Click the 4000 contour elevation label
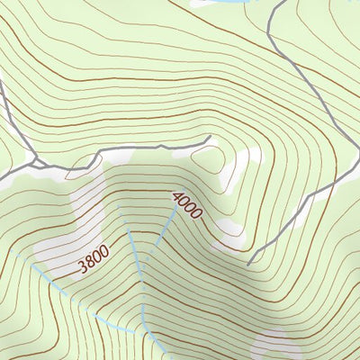click(x=188, y=206)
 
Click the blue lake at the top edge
click(x=220, y=4)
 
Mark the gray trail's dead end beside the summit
click(x=209, y=138)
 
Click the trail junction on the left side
click(x=36, y=164)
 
